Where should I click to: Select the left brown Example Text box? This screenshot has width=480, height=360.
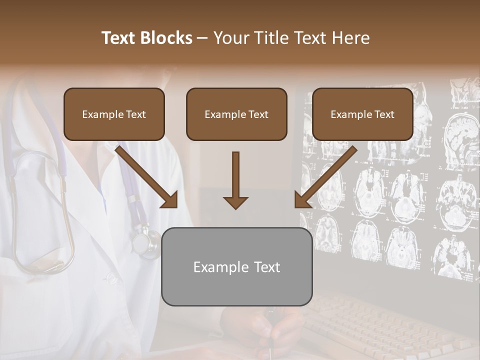click(114, 114)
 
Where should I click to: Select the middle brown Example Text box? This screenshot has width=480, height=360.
click(236, 114)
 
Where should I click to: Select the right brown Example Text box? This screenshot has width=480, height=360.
click(362, 114)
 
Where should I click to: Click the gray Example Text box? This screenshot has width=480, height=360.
click(236, 266)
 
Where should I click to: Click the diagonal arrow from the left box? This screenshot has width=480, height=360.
click(145, 175)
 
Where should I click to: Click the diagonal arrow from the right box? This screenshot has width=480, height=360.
click(327, 175)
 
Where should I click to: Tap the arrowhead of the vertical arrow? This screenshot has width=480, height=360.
click(235, 202)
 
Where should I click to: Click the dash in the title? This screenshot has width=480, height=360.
click(202, 38)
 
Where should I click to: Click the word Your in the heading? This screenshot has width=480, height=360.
click(230, 38)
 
